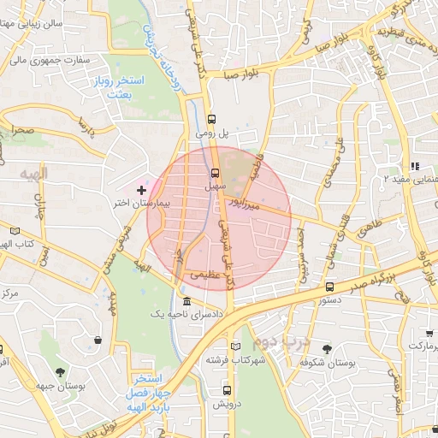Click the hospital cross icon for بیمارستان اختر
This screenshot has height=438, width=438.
click(141, 188)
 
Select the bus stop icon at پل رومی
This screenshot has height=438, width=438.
click(212, 120)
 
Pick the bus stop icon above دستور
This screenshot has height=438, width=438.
click(330, 287)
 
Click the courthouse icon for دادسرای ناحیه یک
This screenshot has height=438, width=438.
click(186, 302)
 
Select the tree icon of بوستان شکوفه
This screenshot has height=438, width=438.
click(327, 348)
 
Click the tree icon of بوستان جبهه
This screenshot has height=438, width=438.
click(60, 372)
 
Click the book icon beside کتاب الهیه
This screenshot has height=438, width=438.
click(15, 230)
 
